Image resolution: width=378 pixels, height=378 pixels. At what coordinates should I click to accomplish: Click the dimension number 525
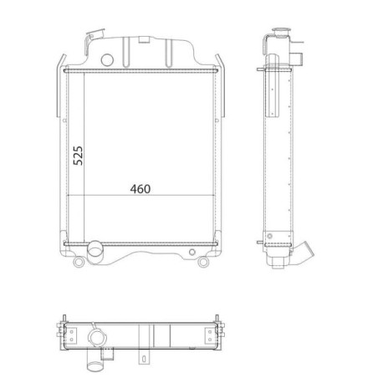click(x=78, y=156)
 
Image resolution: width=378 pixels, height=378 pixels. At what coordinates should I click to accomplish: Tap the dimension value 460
click(x=140, y=189)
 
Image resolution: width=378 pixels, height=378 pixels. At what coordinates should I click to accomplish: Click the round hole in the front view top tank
click(x=107, y=60)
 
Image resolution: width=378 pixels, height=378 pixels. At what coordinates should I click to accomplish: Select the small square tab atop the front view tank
click(x=144, y=39)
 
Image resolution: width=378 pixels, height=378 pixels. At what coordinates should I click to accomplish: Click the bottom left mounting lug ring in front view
click(x=79, y=262)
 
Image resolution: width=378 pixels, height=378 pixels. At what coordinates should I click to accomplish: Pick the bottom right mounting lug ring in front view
click(x=203, y=262)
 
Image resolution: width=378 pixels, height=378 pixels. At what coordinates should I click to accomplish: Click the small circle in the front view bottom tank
click(x=192, y=253)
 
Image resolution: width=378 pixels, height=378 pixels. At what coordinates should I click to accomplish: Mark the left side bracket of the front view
click(x=61, y=86)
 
